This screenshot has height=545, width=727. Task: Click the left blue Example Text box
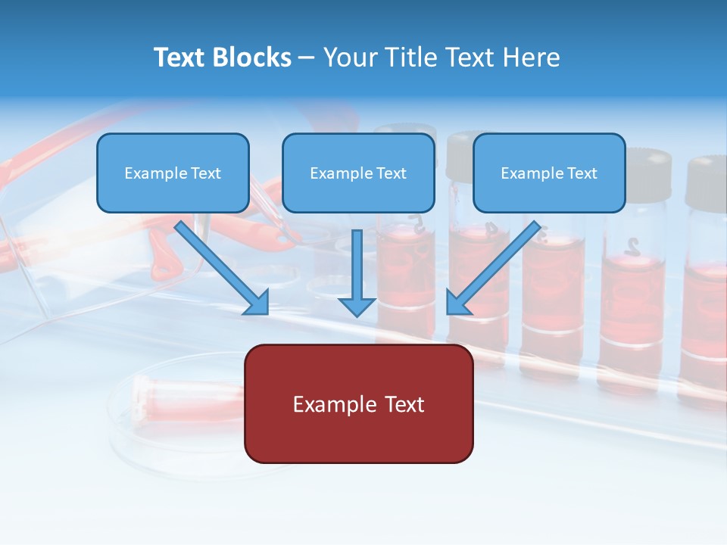173,173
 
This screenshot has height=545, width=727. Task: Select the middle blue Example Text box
358,173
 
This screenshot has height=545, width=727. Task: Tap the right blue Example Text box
549,173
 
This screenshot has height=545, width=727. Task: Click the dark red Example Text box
358,404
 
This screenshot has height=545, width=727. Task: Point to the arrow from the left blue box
220,265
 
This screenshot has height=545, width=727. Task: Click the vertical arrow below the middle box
357,272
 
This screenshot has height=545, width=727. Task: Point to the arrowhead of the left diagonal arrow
257,303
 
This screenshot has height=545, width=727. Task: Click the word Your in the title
349,58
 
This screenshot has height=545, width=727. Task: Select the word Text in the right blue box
582,173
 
